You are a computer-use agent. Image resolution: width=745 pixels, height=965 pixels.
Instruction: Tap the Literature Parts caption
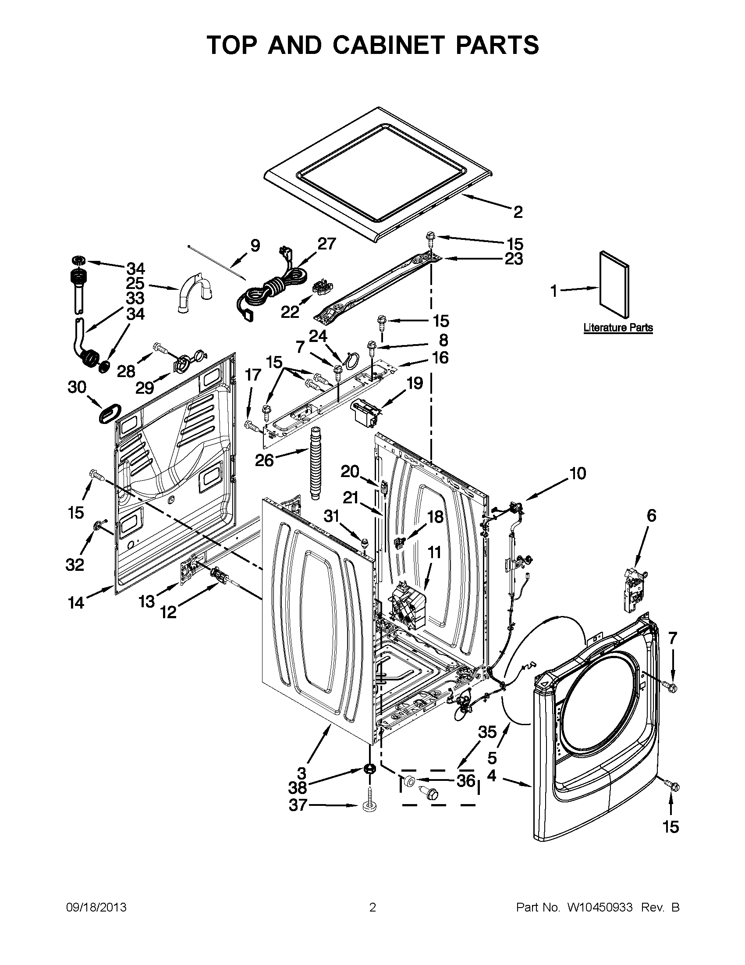point(618,328)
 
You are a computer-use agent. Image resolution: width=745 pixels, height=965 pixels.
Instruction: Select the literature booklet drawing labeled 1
point(614,284)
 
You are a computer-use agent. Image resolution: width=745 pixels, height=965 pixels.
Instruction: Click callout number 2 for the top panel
point(518,212)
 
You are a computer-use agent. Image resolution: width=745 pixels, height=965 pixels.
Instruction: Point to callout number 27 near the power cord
point(327,243)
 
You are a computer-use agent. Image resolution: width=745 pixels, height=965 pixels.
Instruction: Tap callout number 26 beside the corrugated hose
point(265,460)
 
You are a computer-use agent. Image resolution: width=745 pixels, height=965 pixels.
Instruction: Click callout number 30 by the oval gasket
point(77,388)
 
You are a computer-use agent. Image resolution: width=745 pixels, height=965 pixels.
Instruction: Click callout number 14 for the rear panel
point(76,603)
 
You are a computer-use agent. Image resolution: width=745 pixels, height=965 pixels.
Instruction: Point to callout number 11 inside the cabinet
point(434,552)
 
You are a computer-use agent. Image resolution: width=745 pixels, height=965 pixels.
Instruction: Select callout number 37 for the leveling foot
point(298,805)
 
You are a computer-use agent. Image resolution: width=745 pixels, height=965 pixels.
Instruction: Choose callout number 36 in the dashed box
point(466,781)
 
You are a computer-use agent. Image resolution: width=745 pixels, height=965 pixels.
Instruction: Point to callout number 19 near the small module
point(415,383)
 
